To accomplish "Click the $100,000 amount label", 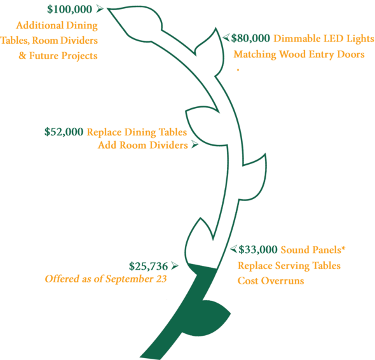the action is (x=69, y=10).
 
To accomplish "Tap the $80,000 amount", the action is (x=250, y=38).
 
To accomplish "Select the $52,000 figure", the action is (x=64, y=132).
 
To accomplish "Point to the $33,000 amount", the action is (x=258, y=250).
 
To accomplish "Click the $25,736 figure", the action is (x=148, y=266).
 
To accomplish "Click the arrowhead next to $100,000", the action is (x=100, y=9).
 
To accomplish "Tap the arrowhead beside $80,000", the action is (x=226, y=38).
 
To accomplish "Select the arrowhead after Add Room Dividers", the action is (x=195, y=144).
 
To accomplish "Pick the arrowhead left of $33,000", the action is (x=234, y=249).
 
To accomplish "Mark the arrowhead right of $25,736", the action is (x=175, y=265).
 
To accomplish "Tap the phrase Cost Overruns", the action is (x=271, y=280).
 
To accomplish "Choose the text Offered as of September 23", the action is (x=106, y=279).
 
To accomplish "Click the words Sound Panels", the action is (x=311, y=250).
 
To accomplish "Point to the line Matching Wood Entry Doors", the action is (x=299, y=55).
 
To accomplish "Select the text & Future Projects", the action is (x=58, y=56).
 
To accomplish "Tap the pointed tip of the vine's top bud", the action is (x=107, y=9).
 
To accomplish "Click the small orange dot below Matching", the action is (x=238, y=70).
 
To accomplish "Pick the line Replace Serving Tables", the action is (x=289, y=266).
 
